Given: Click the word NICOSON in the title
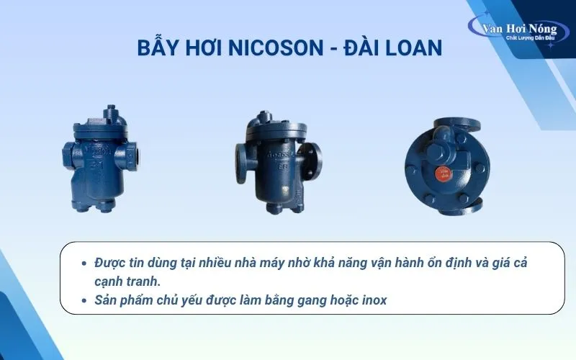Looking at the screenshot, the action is click(276, 48).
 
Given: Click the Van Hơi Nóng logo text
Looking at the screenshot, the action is click(520, 28).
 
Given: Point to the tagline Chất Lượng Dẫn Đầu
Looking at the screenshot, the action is click(531, 38).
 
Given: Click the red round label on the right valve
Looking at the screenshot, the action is click(444, 173).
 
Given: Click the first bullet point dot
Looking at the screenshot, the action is click(84, 263).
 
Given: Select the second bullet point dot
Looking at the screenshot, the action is click(84, 300).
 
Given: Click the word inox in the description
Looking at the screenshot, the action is click(374, 300).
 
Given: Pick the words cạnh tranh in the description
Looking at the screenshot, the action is click(127, 282).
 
